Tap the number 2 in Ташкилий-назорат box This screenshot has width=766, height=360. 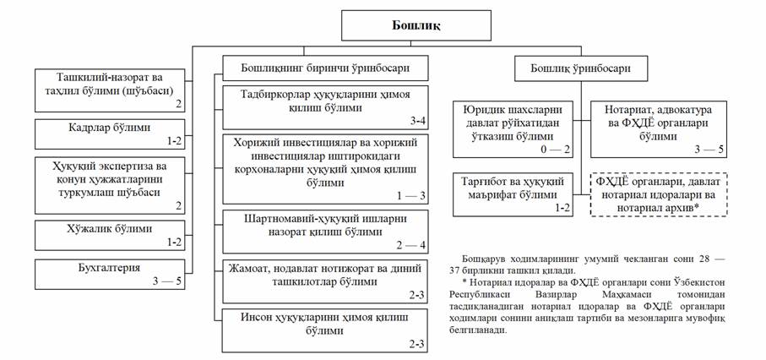pyautogui.click(x=179, y=105)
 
